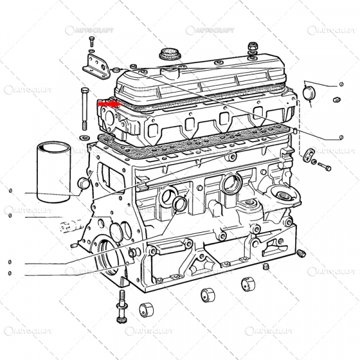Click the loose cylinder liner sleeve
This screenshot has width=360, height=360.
point(53,172)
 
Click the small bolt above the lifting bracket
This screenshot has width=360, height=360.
point(92,41)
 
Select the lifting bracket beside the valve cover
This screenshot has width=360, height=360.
point(95,65)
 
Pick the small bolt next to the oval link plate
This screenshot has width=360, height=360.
point(325,165)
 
